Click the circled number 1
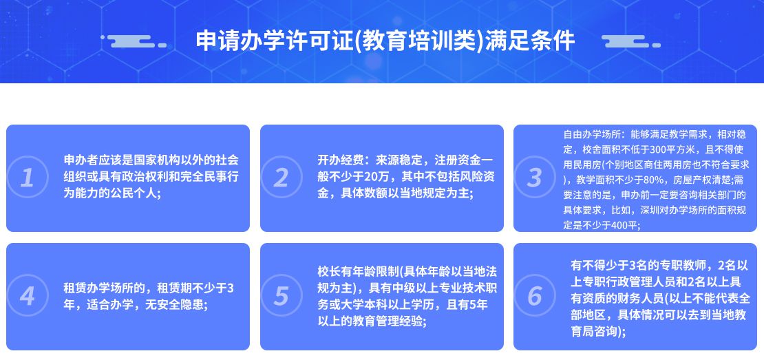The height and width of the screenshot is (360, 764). (28, 177)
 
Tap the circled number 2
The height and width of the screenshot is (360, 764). (281, 177)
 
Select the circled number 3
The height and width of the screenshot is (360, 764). (535, 177)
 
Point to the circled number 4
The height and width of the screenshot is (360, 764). (28, 295)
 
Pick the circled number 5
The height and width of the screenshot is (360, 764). (281, 295)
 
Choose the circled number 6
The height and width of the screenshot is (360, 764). (535, 295)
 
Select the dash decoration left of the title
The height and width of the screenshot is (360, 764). (134, 41)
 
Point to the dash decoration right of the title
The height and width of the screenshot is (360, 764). (631, 41)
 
